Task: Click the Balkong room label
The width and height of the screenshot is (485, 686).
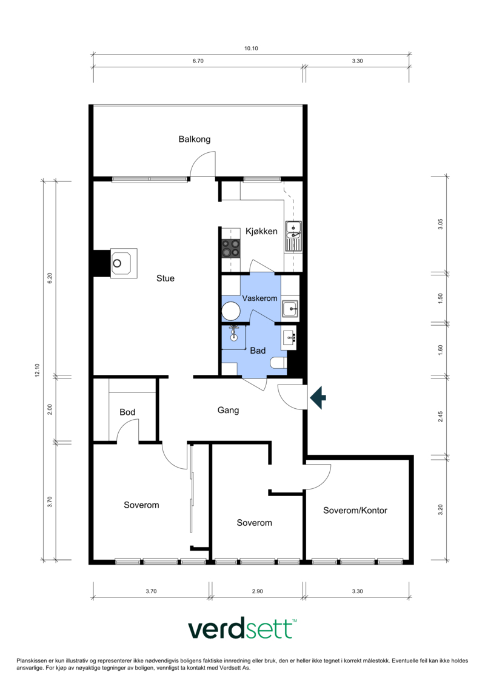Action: click(x=194, y=139)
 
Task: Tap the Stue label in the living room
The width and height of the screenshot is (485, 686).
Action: click(x=166, y=278)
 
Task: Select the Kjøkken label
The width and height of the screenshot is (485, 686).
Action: click(x=261, y=232)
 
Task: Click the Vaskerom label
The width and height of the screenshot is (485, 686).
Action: click(x=259, y=298)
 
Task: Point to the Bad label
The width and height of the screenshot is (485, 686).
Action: click(x=258, y=351)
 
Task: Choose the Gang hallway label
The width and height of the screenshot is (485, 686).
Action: click(x=229, y=411)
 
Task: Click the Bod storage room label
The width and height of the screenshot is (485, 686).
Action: click(x=127, y=412)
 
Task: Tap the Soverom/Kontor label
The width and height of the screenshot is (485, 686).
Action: click(x=355, y=511)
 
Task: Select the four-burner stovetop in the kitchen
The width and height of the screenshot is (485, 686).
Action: click(x=231, y=248)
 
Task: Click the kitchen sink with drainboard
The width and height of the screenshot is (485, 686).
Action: click(x=293, y=237)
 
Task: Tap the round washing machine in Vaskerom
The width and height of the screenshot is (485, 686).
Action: click(x=231, y=312)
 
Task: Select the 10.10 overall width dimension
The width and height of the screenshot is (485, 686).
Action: click(x=251, y=49)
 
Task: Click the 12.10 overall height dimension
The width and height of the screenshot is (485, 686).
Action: click(x=37, y=371)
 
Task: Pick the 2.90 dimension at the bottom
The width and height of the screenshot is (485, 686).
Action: click(x=258, y=591)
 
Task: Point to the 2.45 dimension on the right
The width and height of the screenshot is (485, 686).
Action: click(x=440, y=417)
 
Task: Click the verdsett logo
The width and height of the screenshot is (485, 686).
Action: click(x=242, y=629)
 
